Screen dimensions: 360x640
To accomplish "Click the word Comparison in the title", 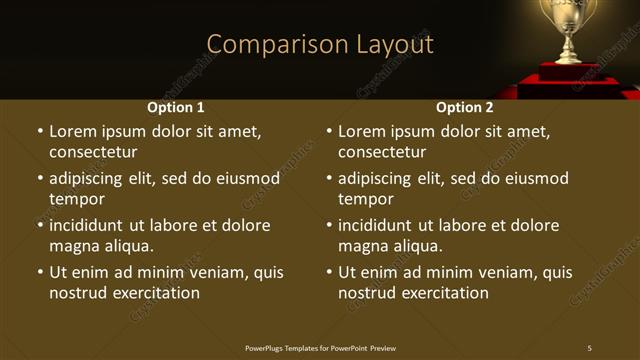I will [x=264, y=45].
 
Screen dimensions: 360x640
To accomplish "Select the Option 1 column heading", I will [x=176, y=107].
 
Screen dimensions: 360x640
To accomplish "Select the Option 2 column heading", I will [x=465, y=107].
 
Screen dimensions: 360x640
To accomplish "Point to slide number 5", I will [x=589, y=348].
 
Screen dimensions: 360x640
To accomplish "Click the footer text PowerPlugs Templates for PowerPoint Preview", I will [x=320, y=348].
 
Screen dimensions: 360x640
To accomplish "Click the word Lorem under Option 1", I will [x=73, y=131].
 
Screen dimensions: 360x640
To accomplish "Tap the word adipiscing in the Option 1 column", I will [x=89, y=179].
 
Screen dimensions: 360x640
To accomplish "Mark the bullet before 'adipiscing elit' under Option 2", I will [x=328, y=179].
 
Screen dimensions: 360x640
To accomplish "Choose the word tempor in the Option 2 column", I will [x=366, y=199].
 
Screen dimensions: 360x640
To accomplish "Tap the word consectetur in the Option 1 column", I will [x=93, y=152].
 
